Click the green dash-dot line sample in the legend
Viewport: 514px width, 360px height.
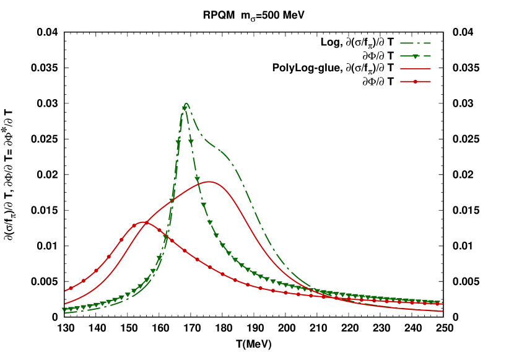click(416, 43)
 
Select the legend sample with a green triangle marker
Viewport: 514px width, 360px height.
click(416, 56)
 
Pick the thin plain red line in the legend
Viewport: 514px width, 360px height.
click(416, 69)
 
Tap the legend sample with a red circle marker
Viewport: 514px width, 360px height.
click(416, 81)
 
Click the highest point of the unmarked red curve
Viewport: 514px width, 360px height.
click(209, 182)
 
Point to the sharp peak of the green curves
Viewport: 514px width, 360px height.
click(186, 103)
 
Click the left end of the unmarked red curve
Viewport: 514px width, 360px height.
click(65, 304)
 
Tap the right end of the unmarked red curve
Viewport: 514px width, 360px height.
click(442, 311)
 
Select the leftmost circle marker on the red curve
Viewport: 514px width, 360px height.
click(71, 288)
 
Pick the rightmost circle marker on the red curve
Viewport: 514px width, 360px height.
click(437, 304)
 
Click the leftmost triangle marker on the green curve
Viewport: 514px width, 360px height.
click(64, 310)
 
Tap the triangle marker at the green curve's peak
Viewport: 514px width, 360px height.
click(185, 108)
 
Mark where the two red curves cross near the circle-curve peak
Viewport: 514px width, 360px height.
click(147, 222)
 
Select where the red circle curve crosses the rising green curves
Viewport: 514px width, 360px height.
click(162, 232)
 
